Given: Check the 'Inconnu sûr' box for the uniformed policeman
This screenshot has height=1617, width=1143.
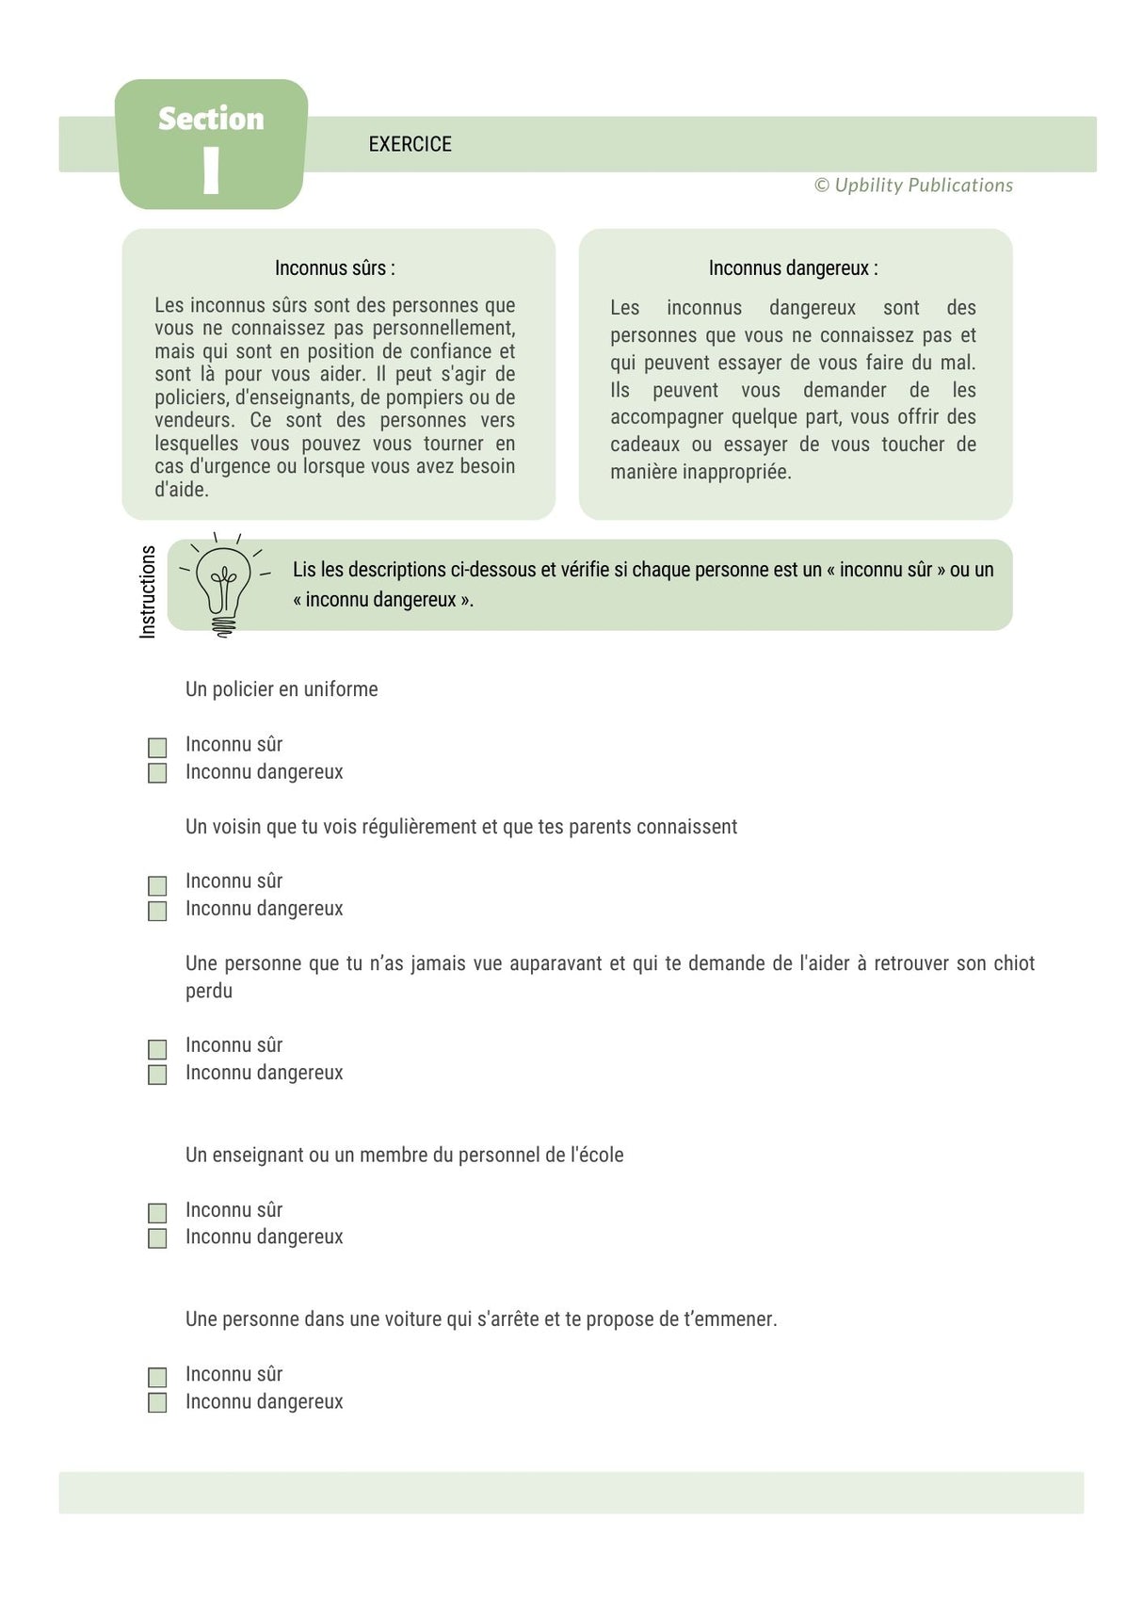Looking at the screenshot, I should pos(157,748).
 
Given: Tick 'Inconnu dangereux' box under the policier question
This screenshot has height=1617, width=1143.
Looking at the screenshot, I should pos(157,773).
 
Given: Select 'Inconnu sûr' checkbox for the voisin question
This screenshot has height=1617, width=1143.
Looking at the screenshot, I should pos(157,885).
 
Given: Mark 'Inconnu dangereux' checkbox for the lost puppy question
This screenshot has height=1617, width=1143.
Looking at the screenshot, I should pos(157,1075).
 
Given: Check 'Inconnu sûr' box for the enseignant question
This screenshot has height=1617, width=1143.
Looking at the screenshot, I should pos(157,1213).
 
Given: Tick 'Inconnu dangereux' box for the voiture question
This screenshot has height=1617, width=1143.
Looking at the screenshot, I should pos(157,1403).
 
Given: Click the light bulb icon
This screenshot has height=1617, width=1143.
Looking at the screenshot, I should pos(223,585).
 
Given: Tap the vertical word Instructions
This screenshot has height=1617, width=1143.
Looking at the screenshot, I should pos(148,591).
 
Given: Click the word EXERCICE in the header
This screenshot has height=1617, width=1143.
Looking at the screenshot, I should pos(410,144).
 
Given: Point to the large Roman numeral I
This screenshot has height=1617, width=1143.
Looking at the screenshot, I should pos(211,170).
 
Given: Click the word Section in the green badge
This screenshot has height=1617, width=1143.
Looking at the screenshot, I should pos(211,119).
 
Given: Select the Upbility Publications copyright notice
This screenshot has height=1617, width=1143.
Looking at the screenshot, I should pos(913,186).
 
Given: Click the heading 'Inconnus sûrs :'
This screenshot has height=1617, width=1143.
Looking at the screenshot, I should pos(334,268).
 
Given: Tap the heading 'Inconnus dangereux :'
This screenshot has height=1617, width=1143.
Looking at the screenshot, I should pos(793,268).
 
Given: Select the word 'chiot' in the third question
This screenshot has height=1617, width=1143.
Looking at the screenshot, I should pos(1014,963).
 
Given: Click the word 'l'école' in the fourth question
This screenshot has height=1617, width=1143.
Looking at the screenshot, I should pos(597,1156).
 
